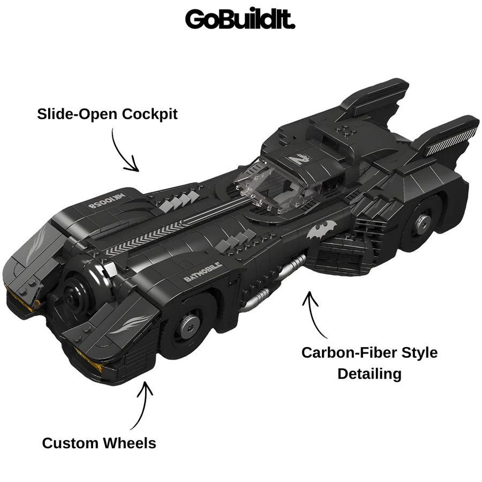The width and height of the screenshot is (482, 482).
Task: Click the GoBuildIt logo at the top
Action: [x=240, y=19]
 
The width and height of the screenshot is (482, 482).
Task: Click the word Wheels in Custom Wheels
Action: [x=129, y=443]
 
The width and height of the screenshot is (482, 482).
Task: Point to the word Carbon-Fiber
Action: [x=347, y=352]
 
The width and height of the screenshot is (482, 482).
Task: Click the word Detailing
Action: [x=370, y=374]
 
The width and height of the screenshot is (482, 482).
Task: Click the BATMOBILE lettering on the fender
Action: [x=203, y=272]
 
